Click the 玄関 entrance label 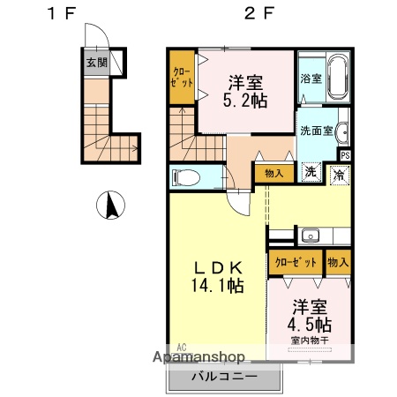click(x=97, y=63)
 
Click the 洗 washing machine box click(x=311, y=172)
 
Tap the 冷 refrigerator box click(x=339, y=174)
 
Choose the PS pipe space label click(x=344, y=155)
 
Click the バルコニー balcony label click(x=225, y=377)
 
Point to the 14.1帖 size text click(x=214, y=285)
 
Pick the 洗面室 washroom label click(x=316, y=131)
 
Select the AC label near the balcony click(x=181, y=346)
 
